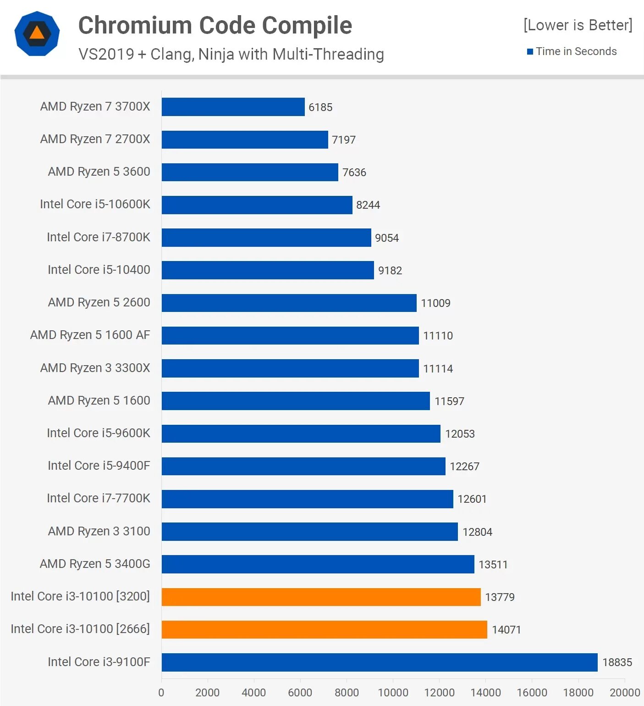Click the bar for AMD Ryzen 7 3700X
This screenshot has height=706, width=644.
point(233,107)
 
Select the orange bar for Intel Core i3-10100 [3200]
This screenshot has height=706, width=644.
point(321,597)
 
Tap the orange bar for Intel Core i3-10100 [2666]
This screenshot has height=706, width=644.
point(324,629)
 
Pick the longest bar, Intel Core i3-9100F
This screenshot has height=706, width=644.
point(380,662)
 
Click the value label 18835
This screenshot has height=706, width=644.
point(617,662)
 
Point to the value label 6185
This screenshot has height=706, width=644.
point(320,107)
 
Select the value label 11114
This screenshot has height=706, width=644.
point(438,369)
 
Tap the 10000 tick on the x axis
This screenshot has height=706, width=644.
point(393,693)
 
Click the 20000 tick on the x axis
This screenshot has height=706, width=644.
point(625,693)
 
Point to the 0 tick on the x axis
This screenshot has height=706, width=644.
point(161,693)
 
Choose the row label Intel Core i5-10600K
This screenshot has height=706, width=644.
point(95,204)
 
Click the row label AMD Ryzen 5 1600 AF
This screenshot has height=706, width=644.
point(90,335)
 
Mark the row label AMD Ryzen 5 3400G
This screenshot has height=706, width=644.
point(95,564)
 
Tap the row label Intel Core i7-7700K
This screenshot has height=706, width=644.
point(98,498)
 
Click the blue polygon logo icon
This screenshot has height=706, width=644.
point(37,33)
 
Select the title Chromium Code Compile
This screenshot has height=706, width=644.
point(215,25)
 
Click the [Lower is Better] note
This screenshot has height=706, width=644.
point(578,25)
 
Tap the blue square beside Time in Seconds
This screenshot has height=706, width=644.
point(530,52)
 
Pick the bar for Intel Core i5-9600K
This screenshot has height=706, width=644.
point(301,434)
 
